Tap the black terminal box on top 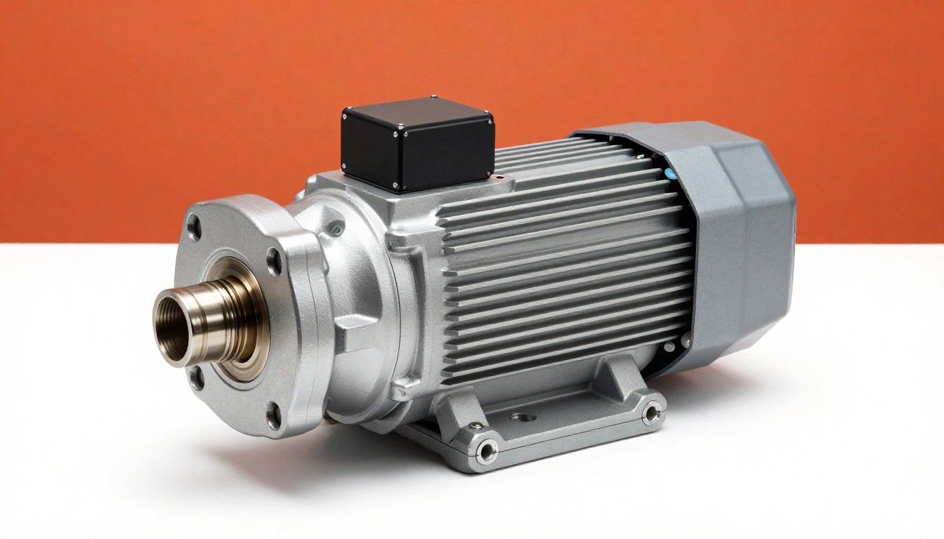[417, 145]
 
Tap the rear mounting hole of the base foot [652, 412]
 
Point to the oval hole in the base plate [522, 418]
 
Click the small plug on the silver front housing [339, 227]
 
